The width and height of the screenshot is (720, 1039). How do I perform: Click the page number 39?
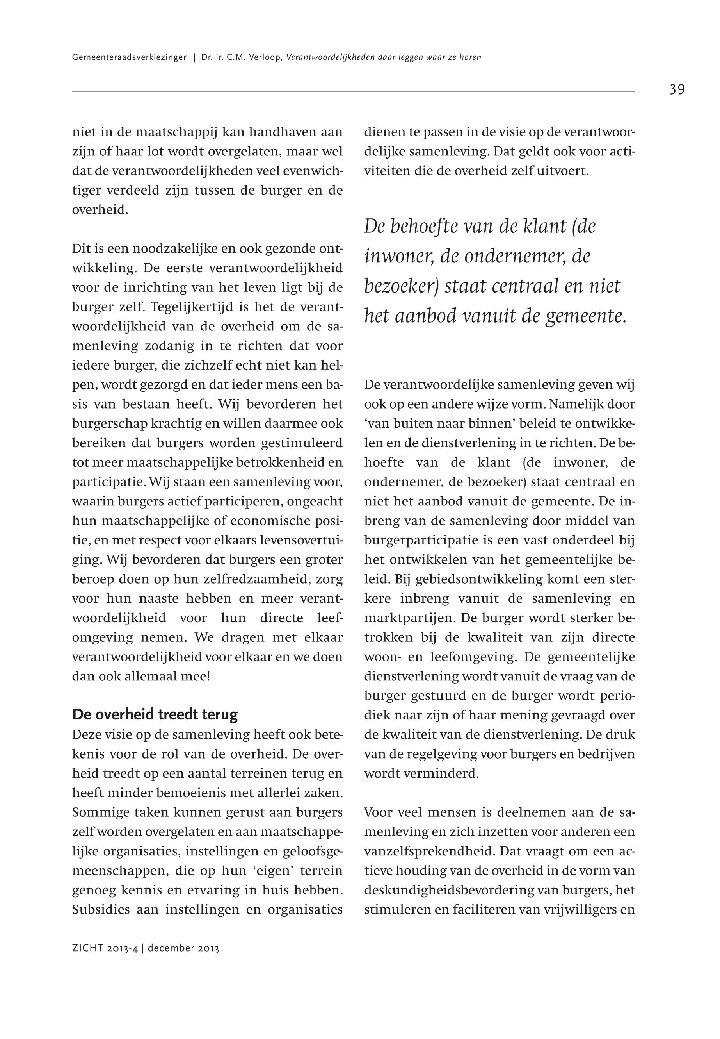[677, 90]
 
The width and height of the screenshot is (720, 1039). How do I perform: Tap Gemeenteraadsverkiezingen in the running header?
[130, 58]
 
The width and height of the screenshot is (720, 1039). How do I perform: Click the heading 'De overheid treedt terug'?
[155, 715]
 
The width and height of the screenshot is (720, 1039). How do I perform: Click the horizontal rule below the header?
[353, 92]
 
